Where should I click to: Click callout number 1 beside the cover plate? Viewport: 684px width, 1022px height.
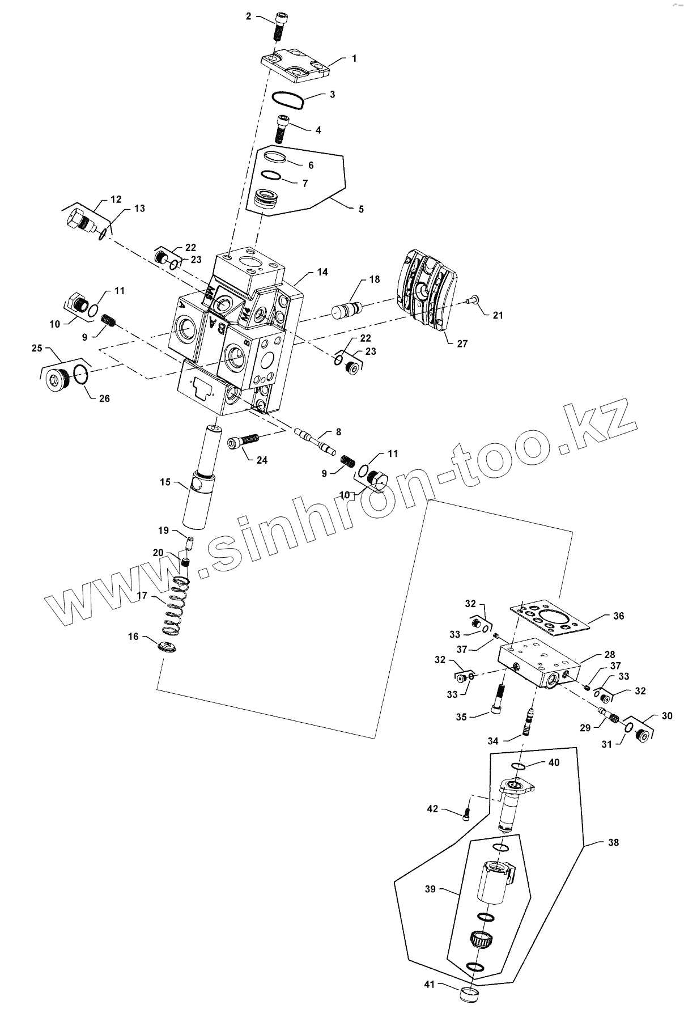354,58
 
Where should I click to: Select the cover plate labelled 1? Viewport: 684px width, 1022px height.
295,66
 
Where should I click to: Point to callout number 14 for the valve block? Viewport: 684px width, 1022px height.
322,272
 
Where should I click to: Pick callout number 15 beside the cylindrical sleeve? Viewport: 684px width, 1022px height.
165,482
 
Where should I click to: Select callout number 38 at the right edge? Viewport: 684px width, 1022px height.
613,842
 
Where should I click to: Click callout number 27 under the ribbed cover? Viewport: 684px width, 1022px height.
462,344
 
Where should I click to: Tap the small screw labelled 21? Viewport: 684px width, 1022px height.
471,300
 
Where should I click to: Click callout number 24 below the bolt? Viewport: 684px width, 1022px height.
262,460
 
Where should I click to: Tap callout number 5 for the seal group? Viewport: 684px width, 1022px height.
361,209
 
